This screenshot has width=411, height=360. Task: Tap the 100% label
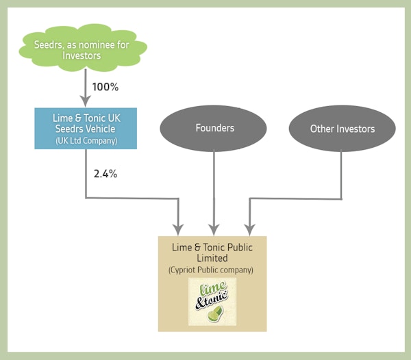point(105,87)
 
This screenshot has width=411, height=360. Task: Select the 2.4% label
point(105,174)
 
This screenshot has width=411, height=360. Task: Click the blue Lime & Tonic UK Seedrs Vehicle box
point(86,128)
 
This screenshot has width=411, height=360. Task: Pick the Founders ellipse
point(213,128)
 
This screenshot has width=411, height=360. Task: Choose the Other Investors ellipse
point(342,129)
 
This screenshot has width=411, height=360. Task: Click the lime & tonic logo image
point(212,302)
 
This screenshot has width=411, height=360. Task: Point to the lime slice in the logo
point(215,313)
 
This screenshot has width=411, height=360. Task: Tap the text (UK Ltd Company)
point(86,141)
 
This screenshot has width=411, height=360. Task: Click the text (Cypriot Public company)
point(211,270)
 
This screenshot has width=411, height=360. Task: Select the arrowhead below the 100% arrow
point(86,101)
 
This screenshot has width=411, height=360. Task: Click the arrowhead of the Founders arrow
point(214,230)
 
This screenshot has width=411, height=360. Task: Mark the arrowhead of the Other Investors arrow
point(250,230)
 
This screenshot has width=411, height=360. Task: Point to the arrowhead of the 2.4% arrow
point(178,230)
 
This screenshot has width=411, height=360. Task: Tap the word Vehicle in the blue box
point(100,129)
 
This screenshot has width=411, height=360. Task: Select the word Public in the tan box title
point(240,248)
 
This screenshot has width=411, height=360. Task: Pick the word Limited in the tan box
point(212,258)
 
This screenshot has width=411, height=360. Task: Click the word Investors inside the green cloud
point(82,55)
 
